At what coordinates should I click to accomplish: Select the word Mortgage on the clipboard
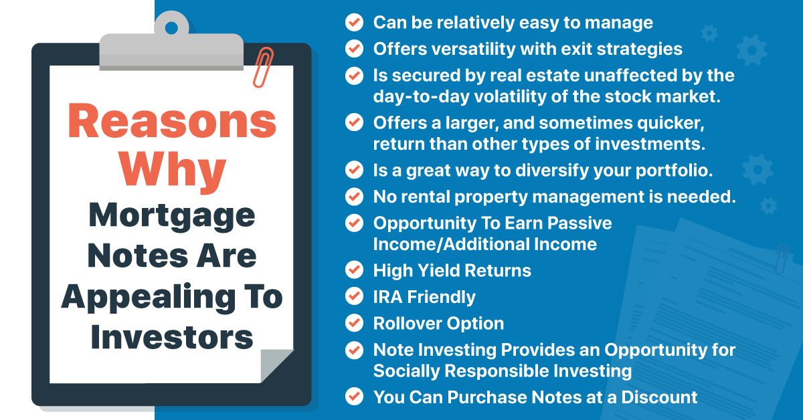pyautogui.click(x=172, y=215)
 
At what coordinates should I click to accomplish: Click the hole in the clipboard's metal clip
pyautogui.click(x=172, y=28)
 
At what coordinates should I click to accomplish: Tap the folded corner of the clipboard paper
pyautogui.click(x=275, y=366)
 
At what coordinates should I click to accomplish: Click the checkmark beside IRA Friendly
pyautogui.click(x=353, y=297)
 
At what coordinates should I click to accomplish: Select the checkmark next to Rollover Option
pyautogui.click(x=353, y=323)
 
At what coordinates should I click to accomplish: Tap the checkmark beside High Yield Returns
pyautogui.click(x=353, y=270)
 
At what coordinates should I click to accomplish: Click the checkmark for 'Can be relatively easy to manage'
pyautogui.click(x=353, y=22)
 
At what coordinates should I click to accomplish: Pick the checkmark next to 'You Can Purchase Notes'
pyautogui.click(x=353, y=397)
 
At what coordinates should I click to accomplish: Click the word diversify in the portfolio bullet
pyautogui.click(x=549, y=170)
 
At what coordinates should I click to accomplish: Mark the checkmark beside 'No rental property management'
pyautogui.click(x=353, y=197)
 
